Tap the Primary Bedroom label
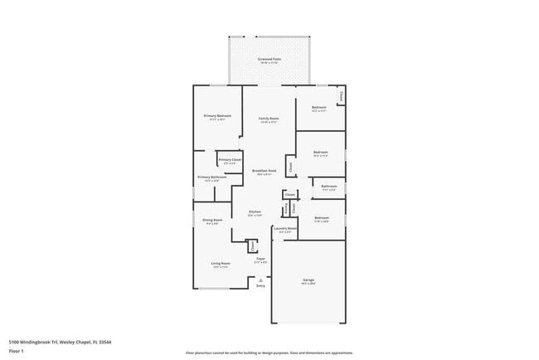coord(217,116)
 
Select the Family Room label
coord(269,119)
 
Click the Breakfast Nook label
coord(265,171)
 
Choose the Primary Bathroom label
coord(212,177)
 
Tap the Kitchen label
coord(255,212)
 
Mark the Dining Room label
coord(212,220)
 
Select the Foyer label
coord(260,260)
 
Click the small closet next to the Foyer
coord(251,246)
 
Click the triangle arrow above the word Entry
coord(260,280)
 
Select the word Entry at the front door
coord(260,286)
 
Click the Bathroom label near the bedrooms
coord(329,186)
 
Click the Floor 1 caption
coord(17,351)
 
